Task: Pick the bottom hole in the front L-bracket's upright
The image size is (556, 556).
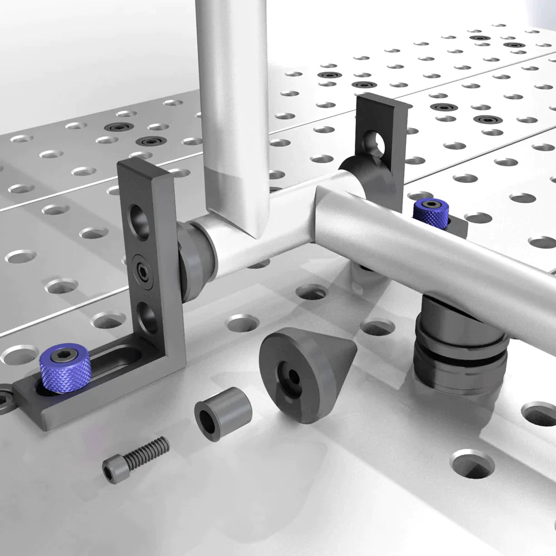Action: point(147,318)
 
